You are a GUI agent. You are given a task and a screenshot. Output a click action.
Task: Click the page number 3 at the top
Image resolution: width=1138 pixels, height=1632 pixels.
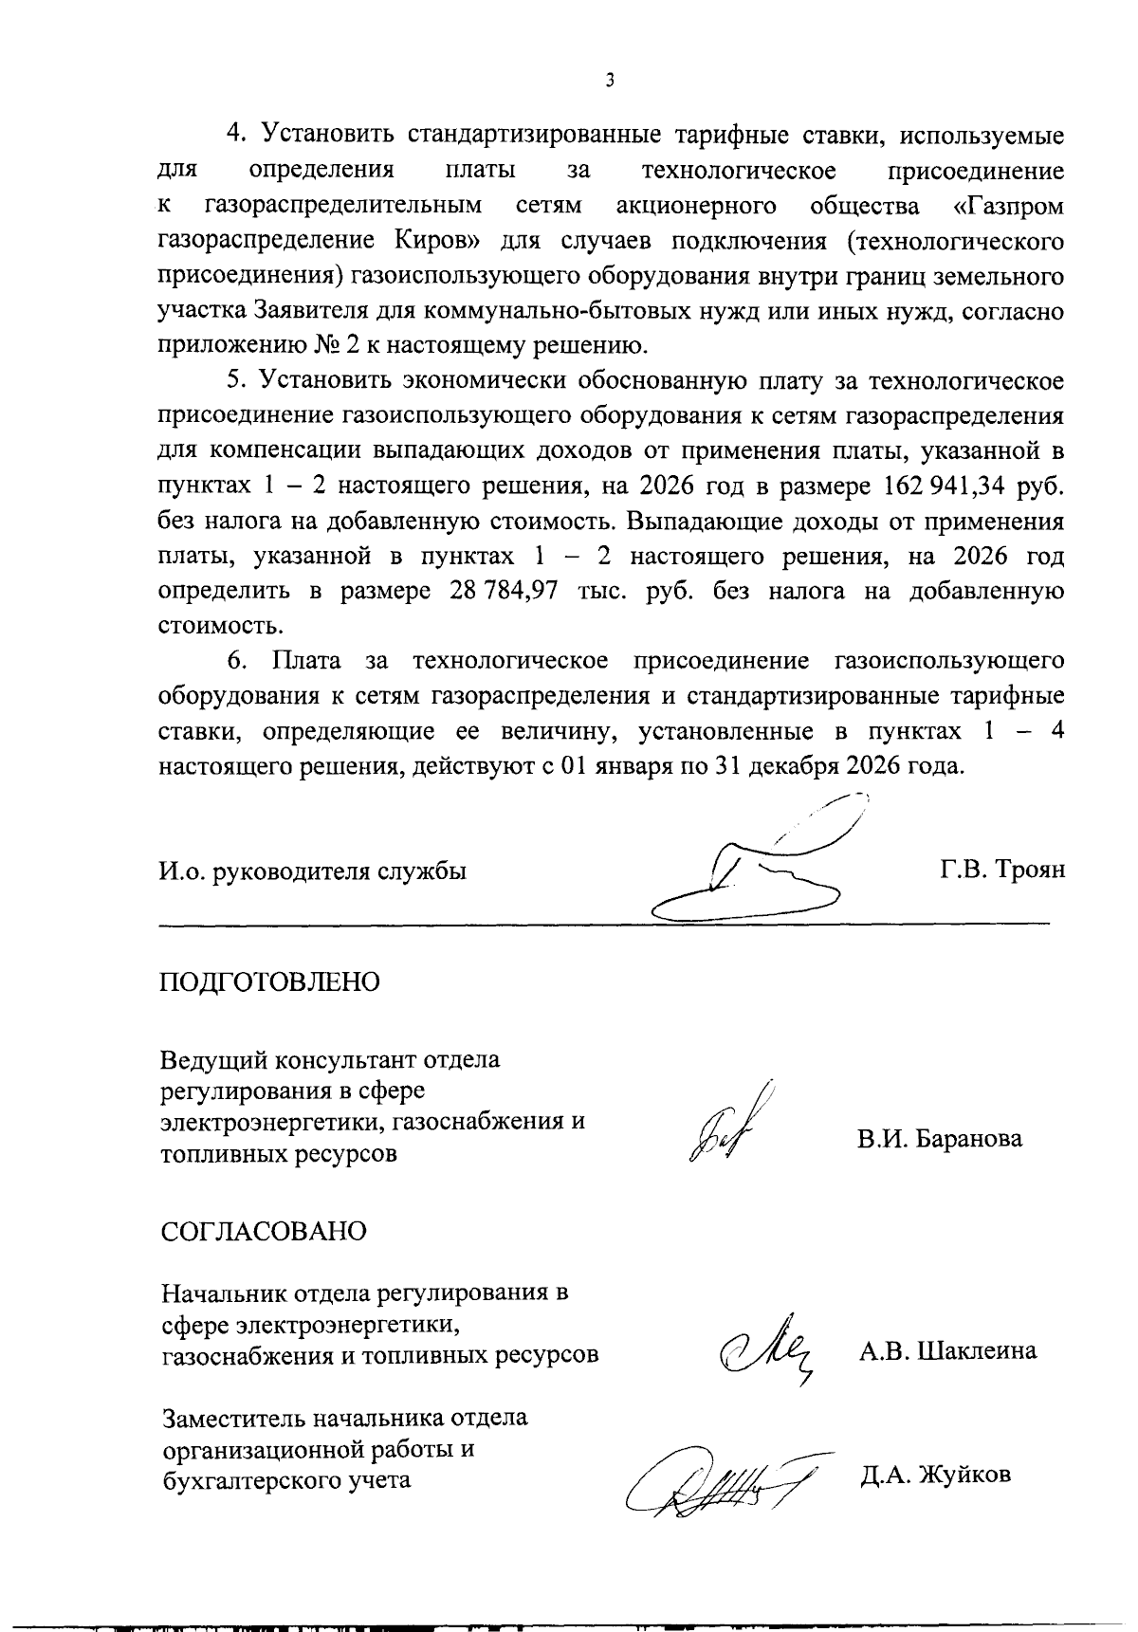(x=610, y=81)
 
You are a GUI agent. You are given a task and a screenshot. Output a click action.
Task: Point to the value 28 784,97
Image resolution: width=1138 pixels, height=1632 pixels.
(x=499, y=592)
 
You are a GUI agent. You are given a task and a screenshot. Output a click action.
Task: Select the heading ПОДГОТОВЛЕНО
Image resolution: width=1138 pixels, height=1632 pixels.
(x=269, y=981)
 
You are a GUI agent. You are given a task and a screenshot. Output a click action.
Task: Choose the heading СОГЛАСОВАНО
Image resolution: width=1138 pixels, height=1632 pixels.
(x=264, y=1231)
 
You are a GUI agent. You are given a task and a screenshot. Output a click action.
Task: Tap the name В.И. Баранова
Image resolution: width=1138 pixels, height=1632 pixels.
(x=940, y=1138)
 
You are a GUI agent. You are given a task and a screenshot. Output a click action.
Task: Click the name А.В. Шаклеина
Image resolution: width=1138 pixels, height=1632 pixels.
(x=947, y=1351)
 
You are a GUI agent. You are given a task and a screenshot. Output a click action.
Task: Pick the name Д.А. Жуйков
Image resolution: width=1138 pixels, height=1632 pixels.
(x=935, y=1476)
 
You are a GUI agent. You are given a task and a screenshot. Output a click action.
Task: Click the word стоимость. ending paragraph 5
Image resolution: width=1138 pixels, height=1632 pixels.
(x=207, y=626)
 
